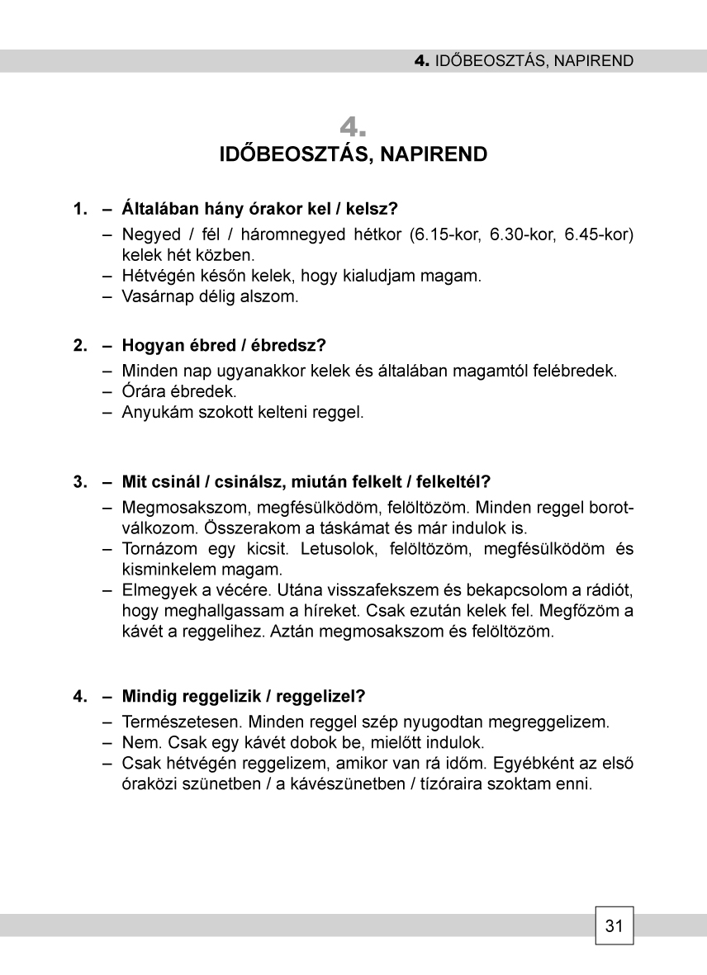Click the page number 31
tap(614, 925)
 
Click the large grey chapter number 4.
tap(353, 128)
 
